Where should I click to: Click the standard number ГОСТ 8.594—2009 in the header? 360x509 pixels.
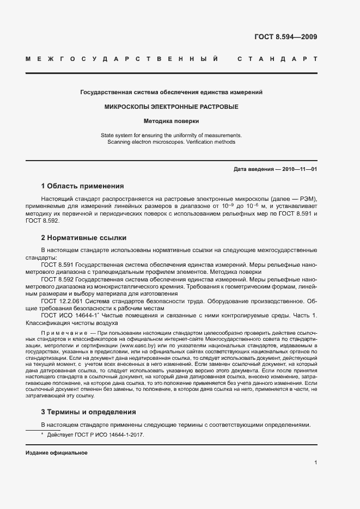(285, 37)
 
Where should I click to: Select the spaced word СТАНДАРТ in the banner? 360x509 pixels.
(278, 58)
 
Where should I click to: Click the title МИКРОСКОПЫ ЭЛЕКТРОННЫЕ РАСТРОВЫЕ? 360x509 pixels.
(172, 107)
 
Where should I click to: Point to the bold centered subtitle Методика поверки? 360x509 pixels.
(172, 121)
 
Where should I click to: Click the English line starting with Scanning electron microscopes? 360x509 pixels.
(172, 142)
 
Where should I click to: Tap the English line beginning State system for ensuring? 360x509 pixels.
(172, 135)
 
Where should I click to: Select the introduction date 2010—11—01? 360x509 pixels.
(298, 169)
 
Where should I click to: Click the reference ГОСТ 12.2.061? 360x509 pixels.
(60, 301)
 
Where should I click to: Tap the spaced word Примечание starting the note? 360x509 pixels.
(61, 332)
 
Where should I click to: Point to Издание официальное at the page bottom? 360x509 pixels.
(57, 453)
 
